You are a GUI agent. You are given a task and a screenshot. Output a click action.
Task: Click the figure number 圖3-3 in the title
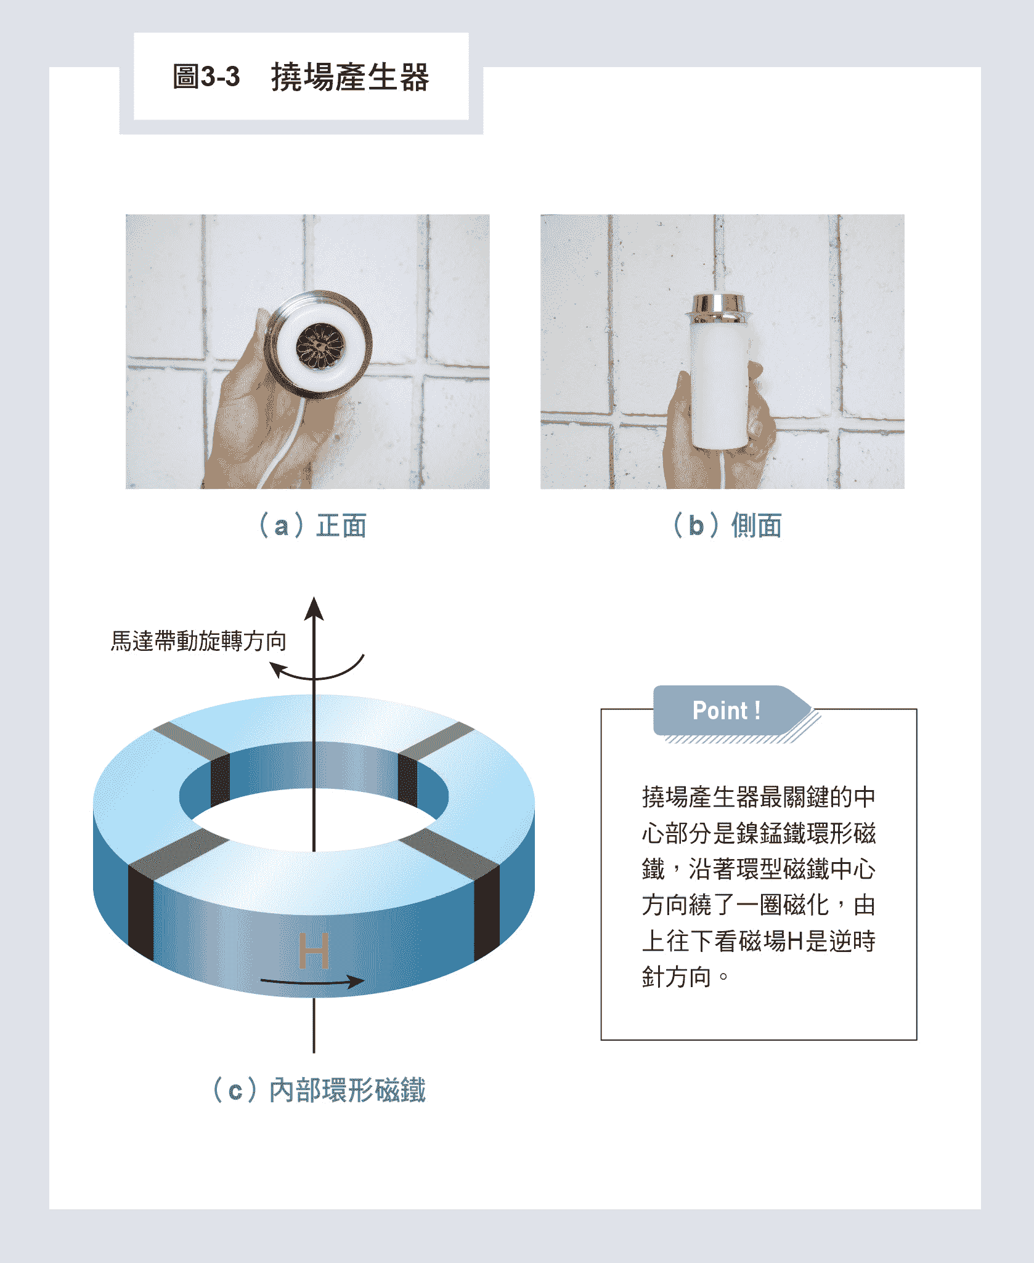tap(206, 77)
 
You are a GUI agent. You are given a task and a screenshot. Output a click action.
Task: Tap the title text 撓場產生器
tap(350, 77)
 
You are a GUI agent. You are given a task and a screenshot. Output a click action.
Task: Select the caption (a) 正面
tap(312, 526)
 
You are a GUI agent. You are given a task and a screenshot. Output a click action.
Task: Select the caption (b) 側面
tap(727, 526)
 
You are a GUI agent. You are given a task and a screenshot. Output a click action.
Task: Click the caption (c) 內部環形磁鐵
tap(319, 1090)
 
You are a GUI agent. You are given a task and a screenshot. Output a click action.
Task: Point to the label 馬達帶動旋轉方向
tap(198, 641)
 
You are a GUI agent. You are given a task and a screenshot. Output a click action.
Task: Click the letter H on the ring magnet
tap(314, 950)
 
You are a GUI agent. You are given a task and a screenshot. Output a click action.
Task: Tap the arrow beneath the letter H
tap(312, 981)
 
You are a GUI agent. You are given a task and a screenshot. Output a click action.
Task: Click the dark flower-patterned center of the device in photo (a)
tap(320, 346)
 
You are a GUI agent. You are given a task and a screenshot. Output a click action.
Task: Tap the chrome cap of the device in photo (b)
tap(718, 308)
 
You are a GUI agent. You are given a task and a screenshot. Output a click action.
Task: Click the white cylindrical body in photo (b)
tap(720, 385)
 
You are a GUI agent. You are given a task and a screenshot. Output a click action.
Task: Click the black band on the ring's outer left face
tap(140, 911)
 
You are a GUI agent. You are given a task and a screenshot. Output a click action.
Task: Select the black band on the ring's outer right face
tap(487, 911)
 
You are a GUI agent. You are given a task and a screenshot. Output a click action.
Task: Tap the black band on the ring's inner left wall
tap(220, 778)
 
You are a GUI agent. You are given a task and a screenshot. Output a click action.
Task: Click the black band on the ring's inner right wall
tap(408, 778)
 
